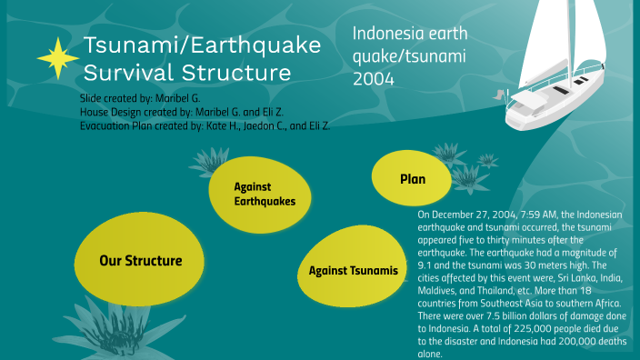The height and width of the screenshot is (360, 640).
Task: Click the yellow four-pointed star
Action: (59, 57)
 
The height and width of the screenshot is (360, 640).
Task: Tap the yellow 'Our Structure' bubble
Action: (140, 261)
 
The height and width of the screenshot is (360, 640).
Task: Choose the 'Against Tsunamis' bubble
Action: (352, 270)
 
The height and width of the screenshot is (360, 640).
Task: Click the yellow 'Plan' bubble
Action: (412, 180)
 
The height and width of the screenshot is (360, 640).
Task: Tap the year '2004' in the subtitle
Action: (374, 79)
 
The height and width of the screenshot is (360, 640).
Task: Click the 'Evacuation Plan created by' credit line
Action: (205, 126)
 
